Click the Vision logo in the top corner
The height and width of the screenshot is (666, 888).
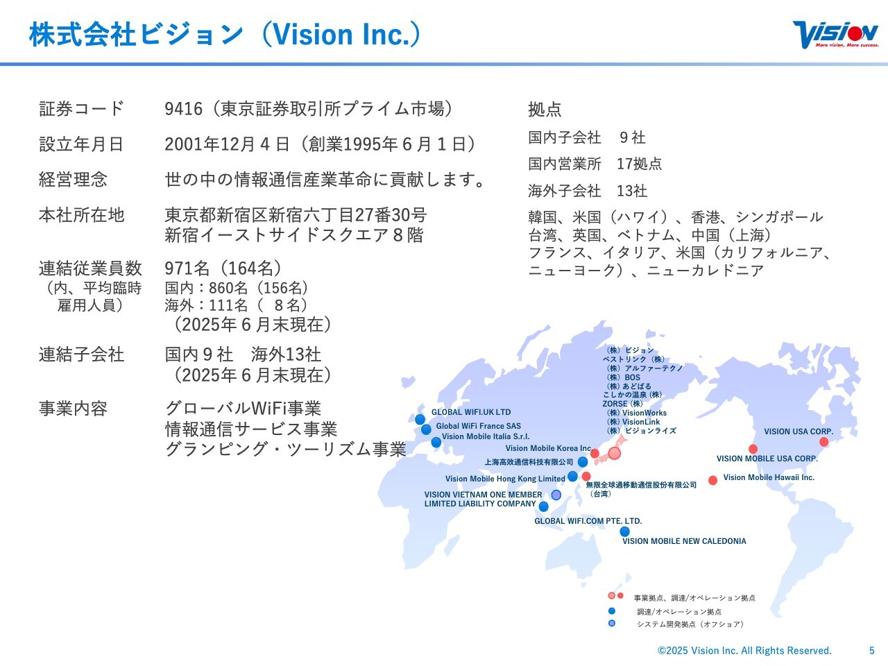pos(835,35)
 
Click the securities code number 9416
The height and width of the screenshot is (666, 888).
pos(183,109)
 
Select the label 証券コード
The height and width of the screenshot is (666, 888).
pos(81,109)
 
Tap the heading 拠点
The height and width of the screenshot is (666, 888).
pos(545,109)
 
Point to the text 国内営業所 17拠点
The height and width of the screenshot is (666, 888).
pos(595,164)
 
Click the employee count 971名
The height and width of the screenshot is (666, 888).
pos(187,268)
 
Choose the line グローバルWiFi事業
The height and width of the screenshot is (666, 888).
pos(243,408)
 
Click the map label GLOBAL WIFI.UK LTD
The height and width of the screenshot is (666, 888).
pos(471,412)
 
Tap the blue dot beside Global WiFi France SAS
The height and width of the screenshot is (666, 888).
pos(426,429)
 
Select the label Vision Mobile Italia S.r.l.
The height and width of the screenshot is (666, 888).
pos(486,436)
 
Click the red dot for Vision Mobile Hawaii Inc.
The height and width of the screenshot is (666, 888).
pos(712,480)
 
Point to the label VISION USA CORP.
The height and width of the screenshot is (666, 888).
pos(799,432)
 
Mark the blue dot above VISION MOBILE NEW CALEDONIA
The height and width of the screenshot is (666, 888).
pos(624,531)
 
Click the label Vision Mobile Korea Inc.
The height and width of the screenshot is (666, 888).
pos(549,448)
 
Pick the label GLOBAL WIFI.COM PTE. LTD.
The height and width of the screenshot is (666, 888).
pos(588,521)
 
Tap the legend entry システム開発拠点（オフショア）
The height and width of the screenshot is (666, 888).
pos(690,624)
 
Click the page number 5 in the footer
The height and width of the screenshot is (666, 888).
pos(872,650)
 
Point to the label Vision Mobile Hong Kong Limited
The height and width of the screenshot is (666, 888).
pos(505,479)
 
